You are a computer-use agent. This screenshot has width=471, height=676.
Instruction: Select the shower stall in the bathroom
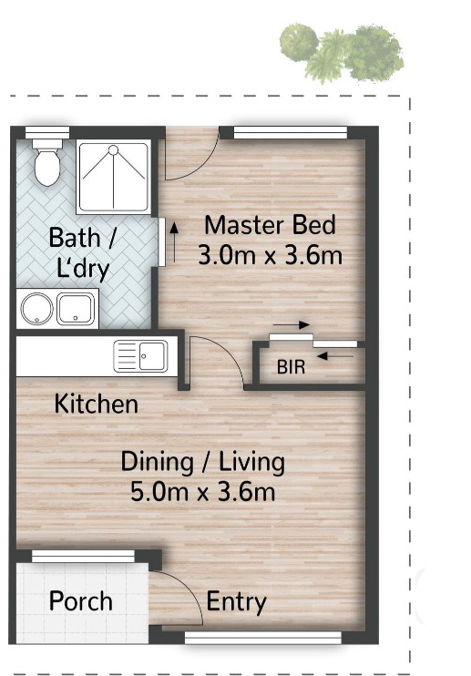(113, 177)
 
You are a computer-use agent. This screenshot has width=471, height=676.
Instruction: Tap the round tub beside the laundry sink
(37, 309)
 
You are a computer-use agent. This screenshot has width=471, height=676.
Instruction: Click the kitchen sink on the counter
(140, 356)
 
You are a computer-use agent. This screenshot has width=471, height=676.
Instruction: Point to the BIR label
(292, 367)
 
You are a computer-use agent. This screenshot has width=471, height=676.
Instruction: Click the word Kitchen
(96, 405)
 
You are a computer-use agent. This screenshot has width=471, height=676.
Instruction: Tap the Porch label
(80, 601)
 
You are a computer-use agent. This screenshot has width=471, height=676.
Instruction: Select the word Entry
(236, 602)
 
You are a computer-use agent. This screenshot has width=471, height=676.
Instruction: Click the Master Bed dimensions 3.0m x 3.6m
(271, 255)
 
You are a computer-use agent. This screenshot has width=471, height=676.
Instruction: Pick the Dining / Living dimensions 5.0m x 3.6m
(202, 491)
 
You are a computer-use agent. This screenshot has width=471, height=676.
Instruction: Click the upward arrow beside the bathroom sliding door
(174, 242)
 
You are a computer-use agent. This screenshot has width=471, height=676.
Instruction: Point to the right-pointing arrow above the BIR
(292, 324)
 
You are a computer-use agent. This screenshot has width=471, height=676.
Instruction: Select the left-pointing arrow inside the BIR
(335, 356)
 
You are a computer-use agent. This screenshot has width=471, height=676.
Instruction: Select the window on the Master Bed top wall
(290, 132)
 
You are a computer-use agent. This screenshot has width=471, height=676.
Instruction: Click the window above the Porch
(83, 557)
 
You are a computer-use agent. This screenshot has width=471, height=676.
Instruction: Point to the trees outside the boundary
(342, 53)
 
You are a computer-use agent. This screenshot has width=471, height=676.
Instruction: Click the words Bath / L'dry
(83, 253)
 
